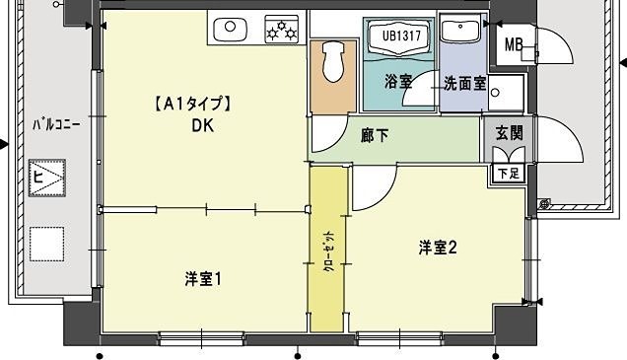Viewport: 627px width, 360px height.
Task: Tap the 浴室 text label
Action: (398, 83)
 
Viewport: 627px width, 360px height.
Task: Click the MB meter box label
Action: (514, 44)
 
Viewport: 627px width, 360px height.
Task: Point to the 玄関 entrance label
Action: (509, 132)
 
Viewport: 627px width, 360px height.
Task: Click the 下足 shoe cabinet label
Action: (508, 174)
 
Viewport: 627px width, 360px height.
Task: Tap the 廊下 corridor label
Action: (375, 135)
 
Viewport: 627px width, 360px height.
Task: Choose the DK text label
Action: (203, 125)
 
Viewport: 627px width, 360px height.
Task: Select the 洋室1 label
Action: (202, 279)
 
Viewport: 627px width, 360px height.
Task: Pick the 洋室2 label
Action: (437, 249)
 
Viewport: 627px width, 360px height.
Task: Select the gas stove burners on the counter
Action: (282, 30)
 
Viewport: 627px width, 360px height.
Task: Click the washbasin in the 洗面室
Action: (459, 31)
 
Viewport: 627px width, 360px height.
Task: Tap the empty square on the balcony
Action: (45, 243)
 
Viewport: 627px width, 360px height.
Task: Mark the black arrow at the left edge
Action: (4, 145)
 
